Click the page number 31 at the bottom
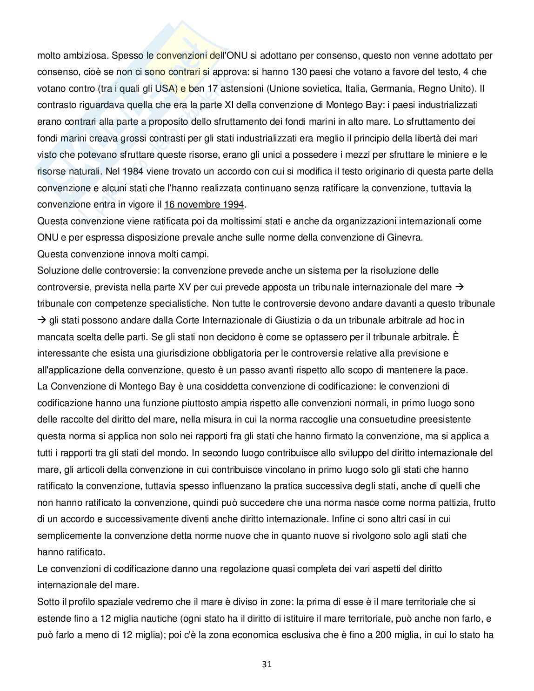pyautogui.click(x=267, y=664)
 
